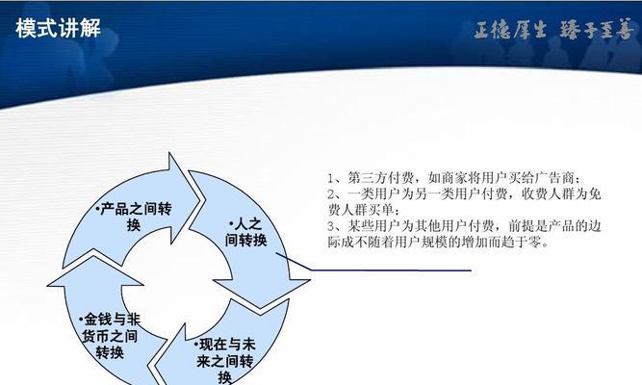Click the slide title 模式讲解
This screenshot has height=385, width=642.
coord(58,29)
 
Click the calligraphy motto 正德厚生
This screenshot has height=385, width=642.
coord(510,30)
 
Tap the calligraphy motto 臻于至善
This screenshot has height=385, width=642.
coord(596,30)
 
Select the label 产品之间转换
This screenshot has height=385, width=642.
coord(134,217)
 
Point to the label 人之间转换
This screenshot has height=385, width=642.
coord(245,232)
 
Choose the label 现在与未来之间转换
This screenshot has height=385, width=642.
coord(224,360)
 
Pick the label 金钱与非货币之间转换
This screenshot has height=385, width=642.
coord(110,336)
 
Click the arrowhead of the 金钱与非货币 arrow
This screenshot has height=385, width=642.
coord(95,270)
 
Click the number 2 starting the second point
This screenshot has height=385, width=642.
coord(331,193)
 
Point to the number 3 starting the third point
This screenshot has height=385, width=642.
coord(331,226)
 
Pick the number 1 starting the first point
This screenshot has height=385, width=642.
coord(331,178)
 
